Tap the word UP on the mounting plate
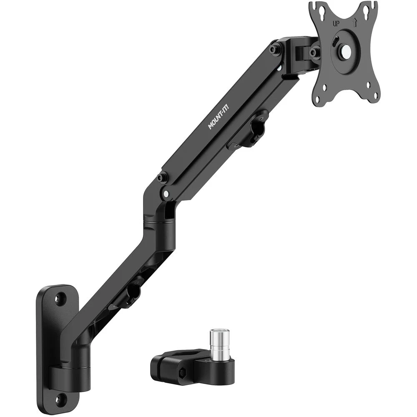pyautogui.click(x=336, y=24)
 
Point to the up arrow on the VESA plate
pyautogui.click(x=354, y=23)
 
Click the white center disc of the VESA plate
pyautogui.click(x=347, y=50)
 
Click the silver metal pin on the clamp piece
pyautogui.click(x=216, y=342)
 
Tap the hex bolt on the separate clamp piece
pyautogui.click(x=183, y=371)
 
